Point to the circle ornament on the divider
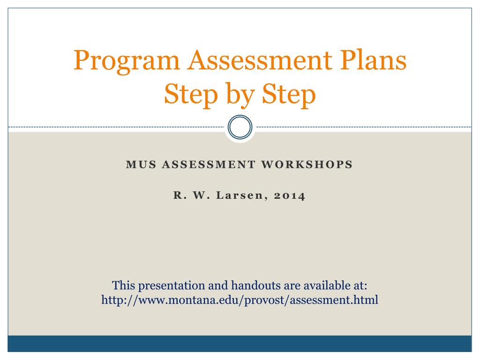coord(240,127)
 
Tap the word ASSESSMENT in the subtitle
coord(208,165)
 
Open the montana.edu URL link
coord(240,300)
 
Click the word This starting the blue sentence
coord(124,285)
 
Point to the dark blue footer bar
coord(240,343)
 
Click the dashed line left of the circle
coord(117,127)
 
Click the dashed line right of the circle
coord(363,127)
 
